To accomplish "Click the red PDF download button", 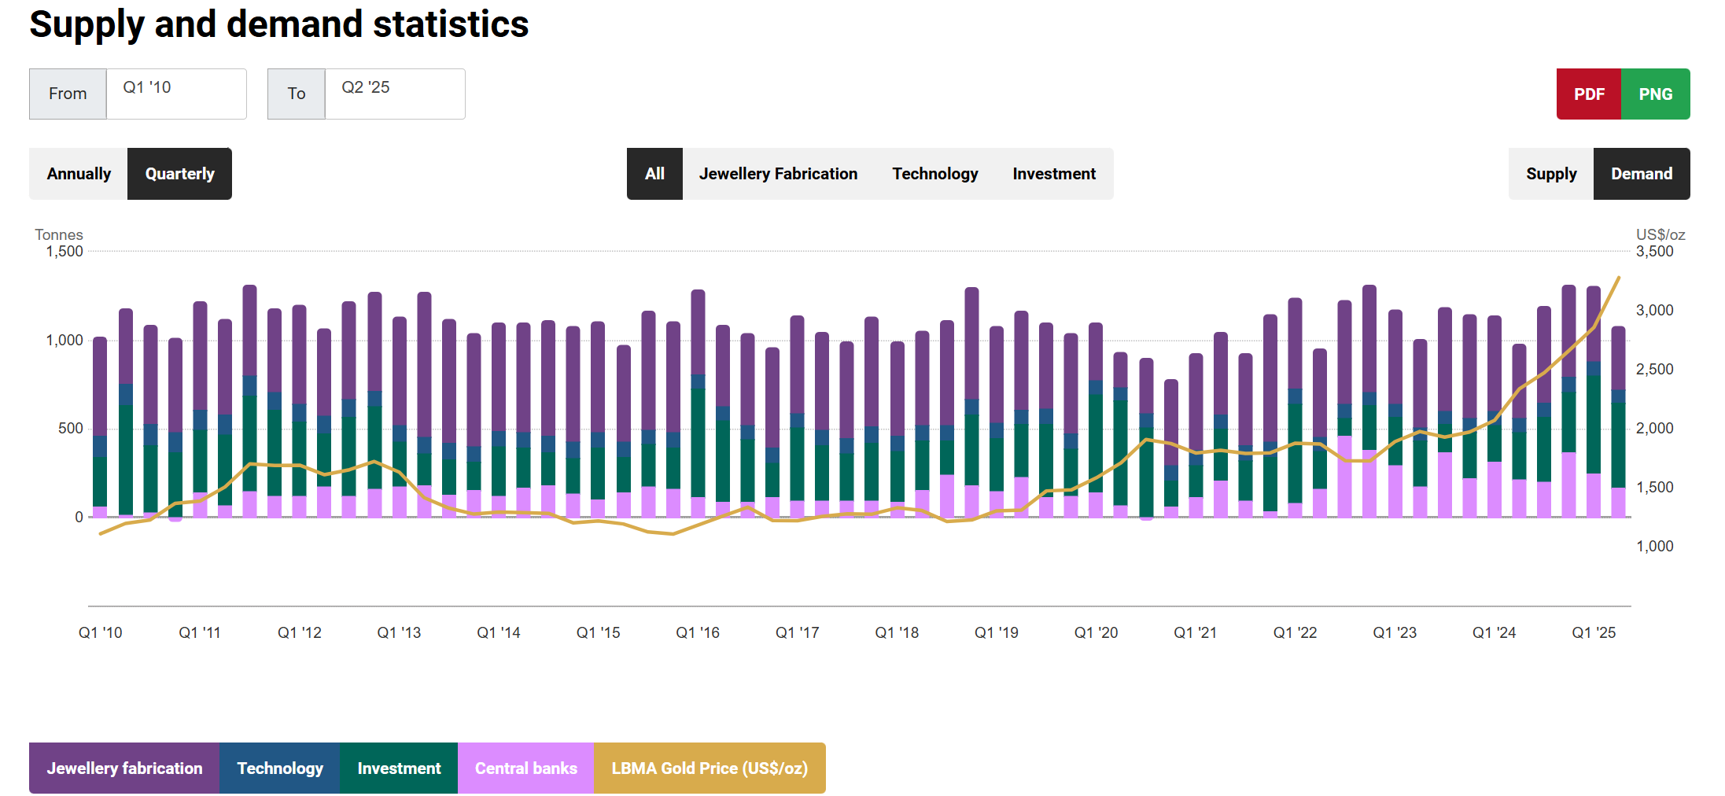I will [x=1588, y=94].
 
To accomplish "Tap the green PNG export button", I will [x=1655, y=94].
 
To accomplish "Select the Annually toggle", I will [x=79, y=174].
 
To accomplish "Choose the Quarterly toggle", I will [x=179, y=174].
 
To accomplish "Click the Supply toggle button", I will [x=1550, y=174].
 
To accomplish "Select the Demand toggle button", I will [x=1641, y=174].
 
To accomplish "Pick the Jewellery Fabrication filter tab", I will [x=778, y=174].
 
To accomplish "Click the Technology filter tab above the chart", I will [x=934, y=174].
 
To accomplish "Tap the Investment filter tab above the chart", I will [x=1053, y=174].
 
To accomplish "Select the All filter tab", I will [x=654, y=174].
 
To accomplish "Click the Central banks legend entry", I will [x=525, y=768].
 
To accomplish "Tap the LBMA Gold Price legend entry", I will [x=710, y=768].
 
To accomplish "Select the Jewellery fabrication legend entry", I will [x=124, y=768].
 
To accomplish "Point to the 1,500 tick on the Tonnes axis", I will [x=65, y=252].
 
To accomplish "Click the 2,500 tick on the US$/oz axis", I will [x=1654, y=370].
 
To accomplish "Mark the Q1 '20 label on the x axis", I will [x=1096, y=633].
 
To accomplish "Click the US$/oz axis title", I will [x=1660, y=235].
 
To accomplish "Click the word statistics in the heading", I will [x=450, y=24].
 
